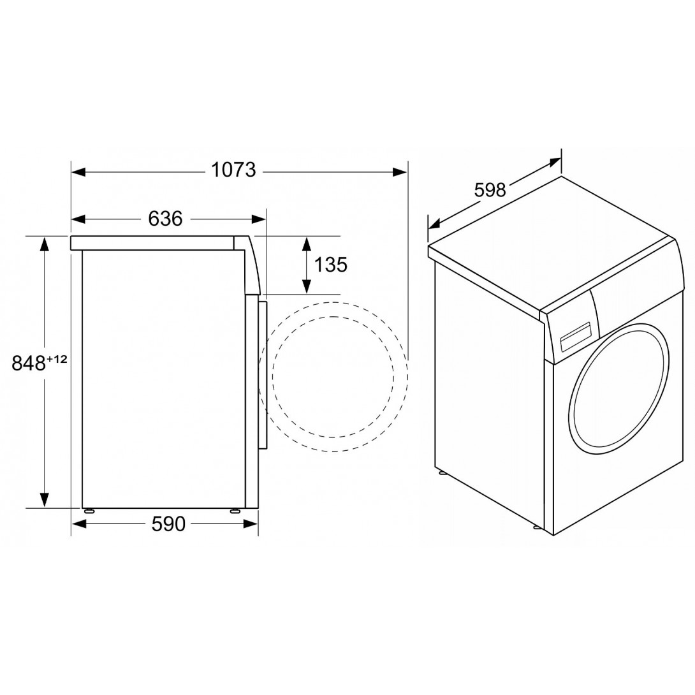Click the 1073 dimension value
(233, 170)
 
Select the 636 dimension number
(165, 219)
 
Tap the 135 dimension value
(331, 265)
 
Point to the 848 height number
(29, 363)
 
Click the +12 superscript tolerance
(57, 359)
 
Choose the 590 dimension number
(168, 524)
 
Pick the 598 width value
(490, 190)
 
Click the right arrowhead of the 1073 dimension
(400, 172)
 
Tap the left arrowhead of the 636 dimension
(78, 219)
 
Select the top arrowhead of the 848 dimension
(44, 244)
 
